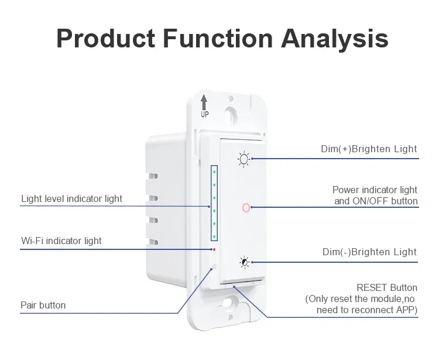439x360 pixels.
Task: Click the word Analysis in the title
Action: (335, 39)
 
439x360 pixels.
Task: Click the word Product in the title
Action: (106, 38)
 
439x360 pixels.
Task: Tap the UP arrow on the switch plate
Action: (204, 102)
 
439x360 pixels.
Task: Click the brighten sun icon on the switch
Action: (243, 159)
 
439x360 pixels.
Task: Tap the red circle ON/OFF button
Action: (246, 208)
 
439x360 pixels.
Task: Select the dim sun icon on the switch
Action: (245, 262)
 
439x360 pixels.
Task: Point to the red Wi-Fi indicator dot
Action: (214, 249)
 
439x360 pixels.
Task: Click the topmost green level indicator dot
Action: (214, 172)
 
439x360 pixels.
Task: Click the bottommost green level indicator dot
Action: (214, 236)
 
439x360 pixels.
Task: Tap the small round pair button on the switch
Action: (214, 266)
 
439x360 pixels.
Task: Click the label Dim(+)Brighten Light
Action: (369, 149)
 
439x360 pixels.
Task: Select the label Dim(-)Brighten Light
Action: (369, 252)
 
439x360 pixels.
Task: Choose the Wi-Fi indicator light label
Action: (61, 241)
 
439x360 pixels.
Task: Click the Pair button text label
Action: (43, 305)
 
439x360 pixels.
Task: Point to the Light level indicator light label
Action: (71, 199)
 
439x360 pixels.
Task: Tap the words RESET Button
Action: (387, 288)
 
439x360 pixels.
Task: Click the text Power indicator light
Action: (375, 190)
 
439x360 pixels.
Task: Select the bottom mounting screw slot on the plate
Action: (229, 303)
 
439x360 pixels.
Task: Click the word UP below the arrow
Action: (205, 114)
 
